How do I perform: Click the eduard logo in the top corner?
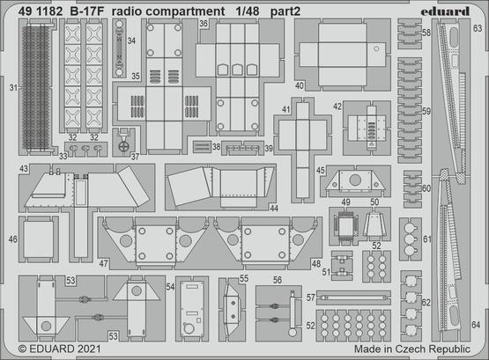click(x=445, y=11)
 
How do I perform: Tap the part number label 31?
click(x=13, y=88)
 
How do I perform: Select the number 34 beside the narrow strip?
click(x=131, y=40)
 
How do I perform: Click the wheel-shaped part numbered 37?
click(x=124, y=146)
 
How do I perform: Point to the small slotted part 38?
click(x=202, y=147)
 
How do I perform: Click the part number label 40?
click(x=299, y=85)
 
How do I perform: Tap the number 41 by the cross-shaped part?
click(x=285, y=110)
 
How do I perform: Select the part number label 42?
click(x=337, y=107)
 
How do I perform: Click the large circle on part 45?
click(x=355, y=180)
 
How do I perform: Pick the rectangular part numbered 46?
click(x=39, y=239)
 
